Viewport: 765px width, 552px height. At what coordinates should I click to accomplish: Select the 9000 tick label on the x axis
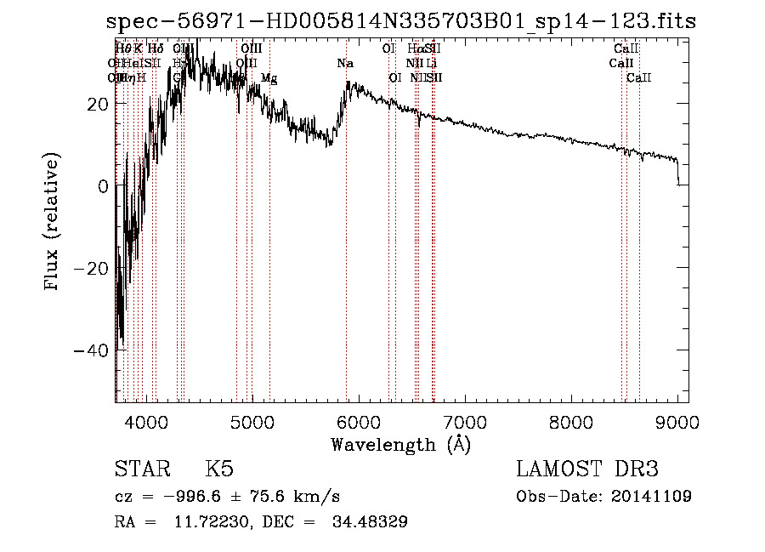pyautogui.click(x=677, y=421)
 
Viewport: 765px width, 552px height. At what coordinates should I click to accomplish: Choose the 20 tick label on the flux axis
pyautogui.click(x=96, y=103)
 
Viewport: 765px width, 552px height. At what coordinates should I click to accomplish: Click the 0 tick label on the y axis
pyautogui.click(x=102, y=185)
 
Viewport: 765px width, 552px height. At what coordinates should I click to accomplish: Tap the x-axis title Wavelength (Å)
pyautogui.click(x=400, y=444)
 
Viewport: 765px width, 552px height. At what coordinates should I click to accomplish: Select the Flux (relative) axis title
pyautogui.click(x=54, y=224)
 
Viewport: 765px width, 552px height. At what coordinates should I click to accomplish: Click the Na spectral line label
pyautogui.click(x=345, y=63)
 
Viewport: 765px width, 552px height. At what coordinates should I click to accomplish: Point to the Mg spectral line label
pyautogui.click(x=269, y=78)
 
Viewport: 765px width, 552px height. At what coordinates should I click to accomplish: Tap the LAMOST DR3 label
pyautogui.click(x=587, y=469)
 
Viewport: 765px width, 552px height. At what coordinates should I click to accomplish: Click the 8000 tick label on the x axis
pyautogui.click(x=570, y=421)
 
